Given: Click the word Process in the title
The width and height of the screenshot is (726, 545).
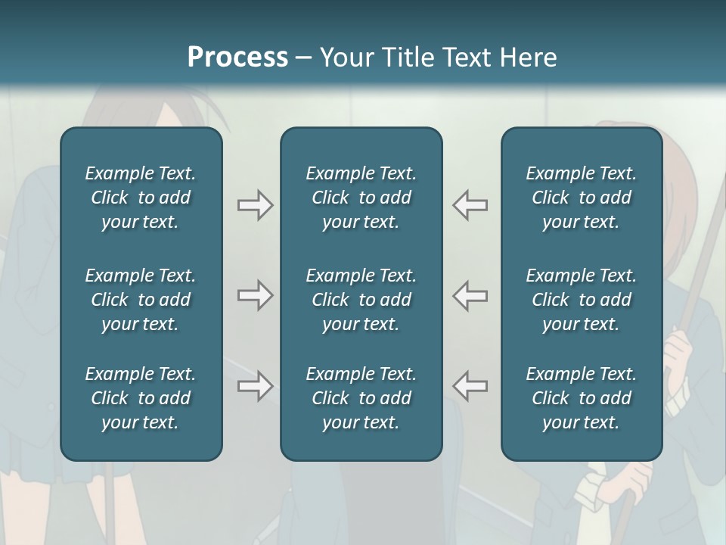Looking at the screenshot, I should [x=237, y=58].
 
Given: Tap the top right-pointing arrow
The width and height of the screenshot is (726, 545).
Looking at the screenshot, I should [x=255, y=204].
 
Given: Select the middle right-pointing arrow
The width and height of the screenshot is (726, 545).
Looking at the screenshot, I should [x=255, y=295].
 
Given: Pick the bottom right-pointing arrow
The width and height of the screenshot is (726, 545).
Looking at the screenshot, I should [x=255, y=385].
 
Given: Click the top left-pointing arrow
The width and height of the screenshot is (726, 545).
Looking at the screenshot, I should [x=470, y=204].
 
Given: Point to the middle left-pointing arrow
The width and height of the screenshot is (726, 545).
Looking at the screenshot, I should [x=470, y=295].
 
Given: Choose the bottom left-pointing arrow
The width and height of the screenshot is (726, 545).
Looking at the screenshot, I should [x=470, y=385].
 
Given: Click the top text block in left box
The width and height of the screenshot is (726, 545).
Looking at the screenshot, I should [x=141, y=198].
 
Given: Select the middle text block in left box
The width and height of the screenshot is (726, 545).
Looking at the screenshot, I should [x=141, y=300].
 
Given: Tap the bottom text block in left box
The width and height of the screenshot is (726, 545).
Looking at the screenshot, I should [x=141, y=398].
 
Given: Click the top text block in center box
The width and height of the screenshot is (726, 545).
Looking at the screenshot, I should [x=361, y=198].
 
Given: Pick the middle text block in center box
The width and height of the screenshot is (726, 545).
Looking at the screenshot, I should [x=361, y=300].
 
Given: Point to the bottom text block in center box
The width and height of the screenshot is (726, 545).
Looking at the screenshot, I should [x=361, y=398].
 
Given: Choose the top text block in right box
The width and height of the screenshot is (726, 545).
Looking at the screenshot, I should [x=581, y=198].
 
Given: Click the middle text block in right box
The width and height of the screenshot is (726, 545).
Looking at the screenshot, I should [x=581, y=300].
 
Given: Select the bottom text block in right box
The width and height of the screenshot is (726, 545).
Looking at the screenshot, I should [x=581, y=398].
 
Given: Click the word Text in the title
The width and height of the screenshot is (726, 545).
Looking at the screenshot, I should [x=468, y=58].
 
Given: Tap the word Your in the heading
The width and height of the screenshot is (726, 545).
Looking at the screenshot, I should [x=346, y=58].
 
